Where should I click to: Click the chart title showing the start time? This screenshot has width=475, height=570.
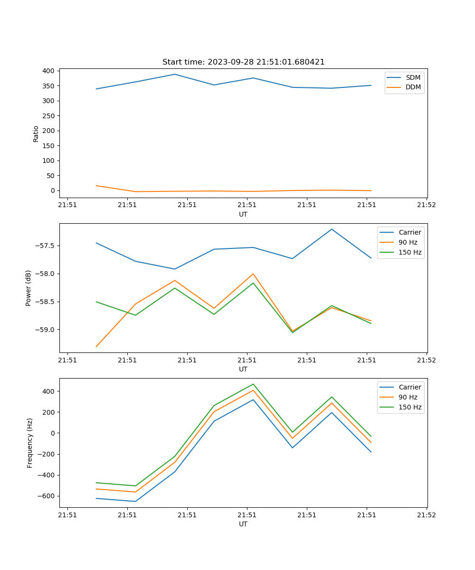243,62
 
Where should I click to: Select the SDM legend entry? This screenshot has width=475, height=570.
413,77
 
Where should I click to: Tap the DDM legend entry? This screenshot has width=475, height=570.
413,87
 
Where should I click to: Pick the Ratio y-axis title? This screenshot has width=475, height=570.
36,133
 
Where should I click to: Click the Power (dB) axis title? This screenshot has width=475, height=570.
28,288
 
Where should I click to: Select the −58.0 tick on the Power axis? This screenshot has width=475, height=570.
46,274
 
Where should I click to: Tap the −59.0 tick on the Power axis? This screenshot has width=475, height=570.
46,330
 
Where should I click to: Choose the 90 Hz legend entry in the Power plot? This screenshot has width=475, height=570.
408,242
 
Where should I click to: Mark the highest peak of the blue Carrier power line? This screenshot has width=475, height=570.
332,229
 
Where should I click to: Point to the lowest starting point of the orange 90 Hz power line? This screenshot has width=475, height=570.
96,346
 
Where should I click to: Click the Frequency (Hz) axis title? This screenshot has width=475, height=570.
30,443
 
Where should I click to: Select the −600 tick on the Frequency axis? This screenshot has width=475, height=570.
46,496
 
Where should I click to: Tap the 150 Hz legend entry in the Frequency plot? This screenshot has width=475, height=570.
410,407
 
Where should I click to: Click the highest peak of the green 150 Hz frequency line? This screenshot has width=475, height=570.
253,384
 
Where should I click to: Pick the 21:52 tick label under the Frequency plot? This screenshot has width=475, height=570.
427,515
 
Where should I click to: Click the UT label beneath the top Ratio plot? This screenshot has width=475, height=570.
243,214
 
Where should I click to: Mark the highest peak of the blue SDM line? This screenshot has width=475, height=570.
175,74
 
